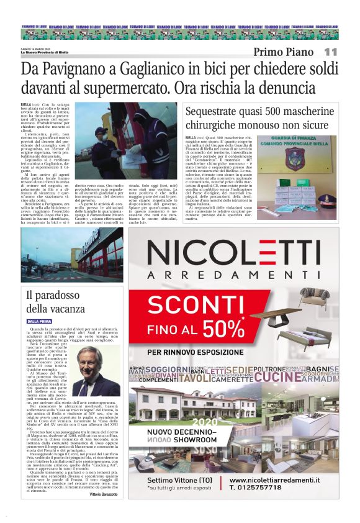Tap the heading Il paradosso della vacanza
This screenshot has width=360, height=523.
(x=52, y=301)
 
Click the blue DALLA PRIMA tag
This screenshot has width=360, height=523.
(x=39, y=321)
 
